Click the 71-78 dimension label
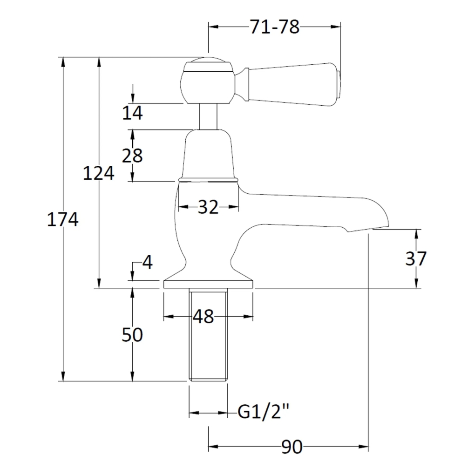[x=274, y=27]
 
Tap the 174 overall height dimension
[x=63, y=219]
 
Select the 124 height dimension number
[x=99, y=173]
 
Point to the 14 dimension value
[x=133, y=113]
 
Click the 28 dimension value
[x=132, y=156]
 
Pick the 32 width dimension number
[x=208, y=207]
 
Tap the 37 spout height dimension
[x=416, y=258]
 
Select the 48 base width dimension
[x=203, y=316]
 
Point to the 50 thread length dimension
[x=132, y=334]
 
